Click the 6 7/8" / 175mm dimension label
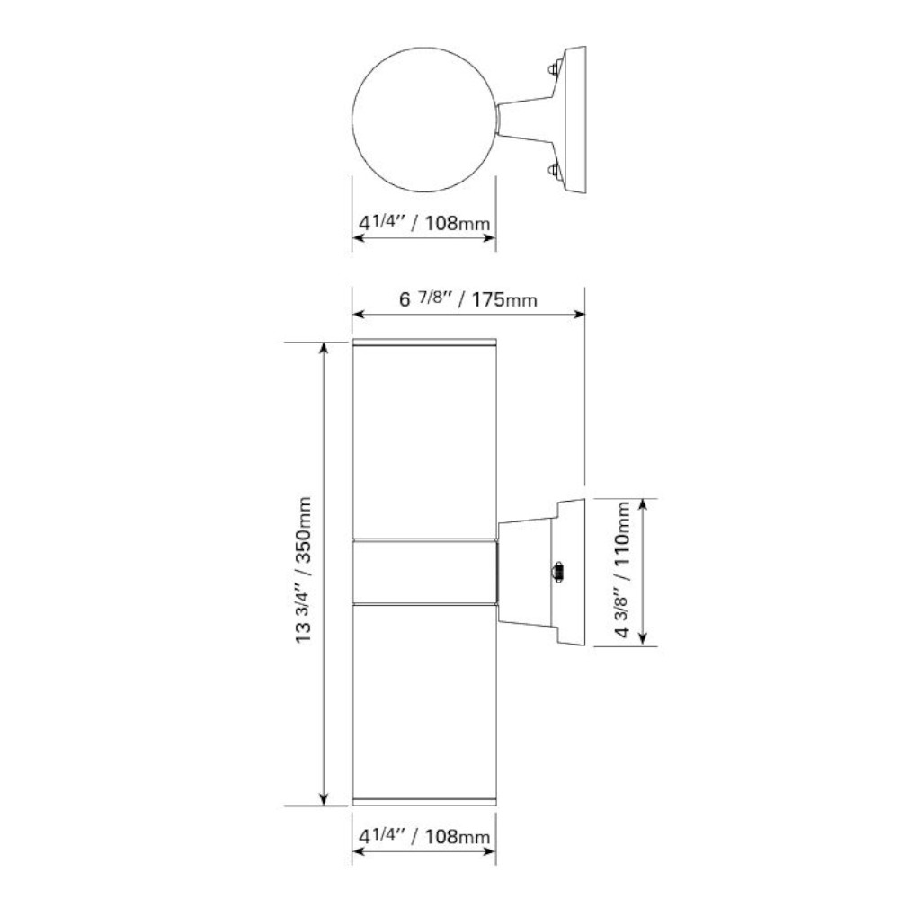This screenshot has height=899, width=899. [467, 298]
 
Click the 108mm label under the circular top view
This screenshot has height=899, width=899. [423, 222]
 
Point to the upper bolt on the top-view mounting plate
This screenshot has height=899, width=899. [554, 68]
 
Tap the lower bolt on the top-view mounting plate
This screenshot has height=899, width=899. [554, 172]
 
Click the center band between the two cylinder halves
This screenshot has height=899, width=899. [424, 572]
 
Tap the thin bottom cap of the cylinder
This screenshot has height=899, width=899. [423, 802]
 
